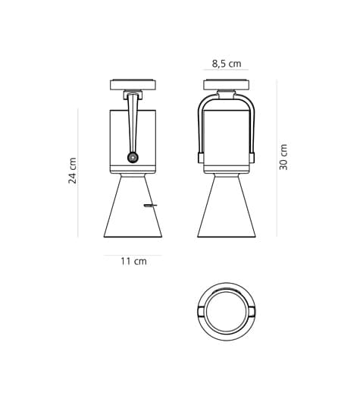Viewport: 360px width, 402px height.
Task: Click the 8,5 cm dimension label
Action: pyautogui.click(x=226, y=64)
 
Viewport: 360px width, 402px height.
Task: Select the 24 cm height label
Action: pyautogui.click(x=74, y=171)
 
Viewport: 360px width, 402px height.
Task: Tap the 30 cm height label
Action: pyautogui.click(x=283, y=156)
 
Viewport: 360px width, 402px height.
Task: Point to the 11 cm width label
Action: pyautogui.click(x=133, y=261)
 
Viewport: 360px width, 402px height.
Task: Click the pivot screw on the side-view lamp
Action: pyautogui.click(x=133, y=158)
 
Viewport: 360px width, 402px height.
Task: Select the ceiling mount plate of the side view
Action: pyautogui.click(x=133, y=85)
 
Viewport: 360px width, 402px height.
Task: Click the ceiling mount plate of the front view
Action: pyautogui.click(x=226, y=85)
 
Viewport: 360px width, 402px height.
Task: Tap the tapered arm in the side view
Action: pyautogui.click(x=133, y=121)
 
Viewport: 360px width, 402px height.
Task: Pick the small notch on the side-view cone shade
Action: pyautogui.click(x=151, y=206)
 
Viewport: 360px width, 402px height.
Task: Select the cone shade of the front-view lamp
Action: pyautogui.click(x=226, y=209)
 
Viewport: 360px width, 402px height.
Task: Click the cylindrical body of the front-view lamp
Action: pyautogui.click(x=227, y=137)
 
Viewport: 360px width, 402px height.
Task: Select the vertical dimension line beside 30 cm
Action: pyautogui.click(x=276, y=158)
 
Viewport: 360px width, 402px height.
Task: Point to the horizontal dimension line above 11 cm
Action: pyautogui.click(x=133, y=255)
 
